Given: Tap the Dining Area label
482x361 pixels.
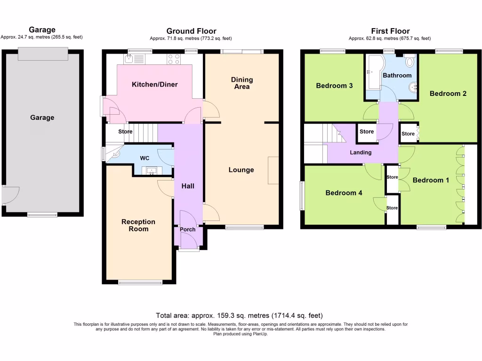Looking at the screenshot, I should pos(242,83).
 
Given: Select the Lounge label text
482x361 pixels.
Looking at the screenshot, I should pos(241,170).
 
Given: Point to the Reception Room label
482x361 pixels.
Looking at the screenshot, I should pos(138,225).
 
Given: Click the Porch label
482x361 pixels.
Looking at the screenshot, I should pos(188,229).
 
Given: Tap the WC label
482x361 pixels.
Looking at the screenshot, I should pos(144,158).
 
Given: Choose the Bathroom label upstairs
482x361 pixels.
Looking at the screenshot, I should pos(397,75).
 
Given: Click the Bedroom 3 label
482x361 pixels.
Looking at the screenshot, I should pos(334,86).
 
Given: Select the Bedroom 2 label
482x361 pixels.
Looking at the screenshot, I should pos(448,94).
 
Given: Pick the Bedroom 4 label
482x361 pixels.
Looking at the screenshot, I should pos(344,193).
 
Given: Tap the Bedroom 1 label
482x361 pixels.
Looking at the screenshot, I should pos(428,180).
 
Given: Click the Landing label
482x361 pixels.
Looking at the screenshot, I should pos(361,152).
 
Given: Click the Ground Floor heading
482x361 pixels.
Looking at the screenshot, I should pos(191,31).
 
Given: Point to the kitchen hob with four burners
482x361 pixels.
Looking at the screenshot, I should pos(174,59).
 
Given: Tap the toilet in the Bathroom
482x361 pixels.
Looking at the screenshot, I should pos(410,60).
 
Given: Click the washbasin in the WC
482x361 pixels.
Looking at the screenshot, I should pos(152,171).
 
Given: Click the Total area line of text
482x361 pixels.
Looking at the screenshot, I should pos(239,315).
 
